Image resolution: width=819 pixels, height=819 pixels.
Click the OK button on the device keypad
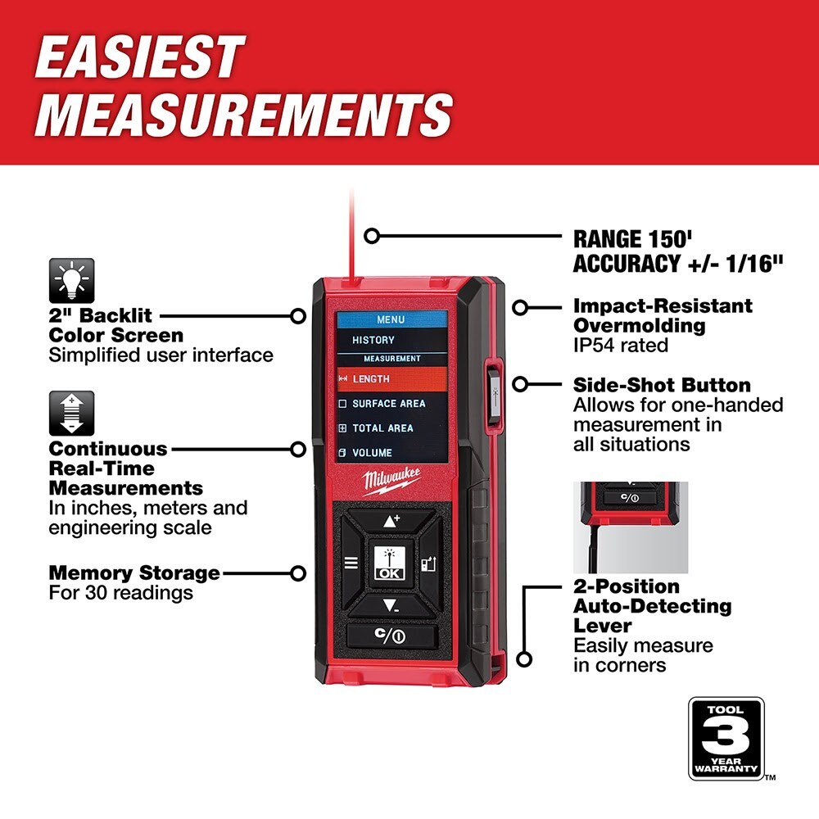(x=389, y=563)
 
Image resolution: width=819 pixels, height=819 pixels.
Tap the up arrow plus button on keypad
(x=391, y=521)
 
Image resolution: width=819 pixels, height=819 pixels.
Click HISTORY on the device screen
(x=373, y=340)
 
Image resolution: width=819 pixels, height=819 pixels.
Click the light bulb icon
(x=72, y=281)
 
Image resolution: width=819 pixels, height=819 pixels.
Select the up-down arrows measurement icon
(x=72, y=414)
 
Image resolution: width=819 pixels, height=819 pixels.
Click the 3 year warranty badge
(x=726, y=738)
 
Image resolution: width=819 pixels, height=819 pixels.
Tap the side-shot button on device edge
(x=495, y=393)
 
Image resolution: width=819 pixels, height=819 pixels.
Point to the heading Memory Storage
(x=134, y=572)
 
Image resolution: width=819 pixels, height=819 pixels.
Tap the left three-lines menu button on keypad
(x=351, y=563)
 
